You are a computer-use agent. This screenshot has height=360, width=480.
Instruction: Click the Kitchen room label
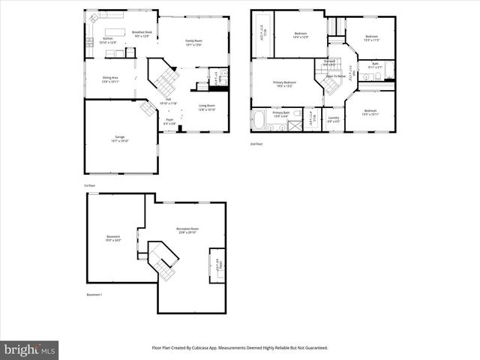point(108,38)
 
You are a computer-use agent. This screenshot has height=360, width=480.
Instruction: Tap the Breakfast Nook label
point(142,33)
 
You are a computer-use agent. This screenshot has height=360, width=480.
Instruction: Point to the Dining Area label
point(110,79)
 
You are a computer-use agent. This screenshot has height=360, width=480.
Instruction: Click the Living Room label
point(206,106)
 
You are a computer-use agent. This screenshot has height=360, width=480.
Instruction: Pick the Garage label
point(120,137)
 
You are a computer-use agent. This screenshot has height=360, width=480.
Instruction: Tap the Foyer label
point(170,119)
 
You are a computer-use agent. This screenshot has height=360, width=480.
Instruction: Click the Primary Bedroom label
point(284,83)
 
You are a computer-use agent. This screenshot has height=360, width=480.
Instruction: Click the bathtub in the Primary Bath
point(259,119)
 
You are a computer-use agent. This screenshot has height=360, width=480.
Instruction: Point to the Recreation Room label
point(187,229)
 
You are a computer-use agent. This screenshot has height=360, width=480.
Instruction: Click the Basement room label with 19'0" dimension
point(113,238)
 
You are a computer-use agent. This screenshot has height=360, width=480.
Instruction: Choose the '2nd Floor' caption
point(256,144)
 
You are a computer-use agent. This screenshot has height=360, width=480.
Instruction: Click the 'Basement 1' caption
point(94,295)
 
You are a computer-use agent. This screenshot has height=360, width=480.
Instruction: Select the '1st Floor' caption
point(89,185)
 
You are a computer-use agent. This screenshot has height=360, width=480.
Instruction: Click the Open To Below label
point(335,76)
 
